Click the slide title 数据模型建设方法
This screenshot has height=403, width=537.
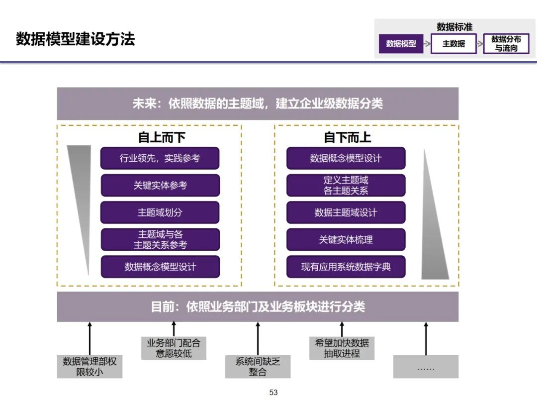(x=76, y=39)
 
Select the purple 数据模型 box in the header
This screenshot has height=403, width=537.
(x=401, y=44)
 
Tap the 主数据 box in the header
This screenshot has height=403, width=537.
(x=453, y=44)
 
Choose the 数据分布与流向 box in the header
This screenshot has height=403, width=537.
(x=506, y=44)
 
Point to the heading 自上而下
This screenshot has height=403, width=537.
(x=162, y=137)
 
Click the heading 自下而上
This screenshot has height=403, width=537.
(x=348, y=137)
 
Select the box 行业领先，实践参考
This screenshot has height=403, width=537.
(x=160, y=158)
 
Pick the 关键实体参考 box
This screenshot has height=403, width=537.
(x=160, y=185)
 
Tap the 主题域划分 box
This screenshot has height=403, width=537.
(x=160, y=212)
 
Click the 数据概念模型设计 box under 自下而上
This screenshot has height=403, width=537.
(x=346, y=158)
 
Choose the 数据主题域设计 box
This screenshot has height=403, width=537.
(x=346, y=212)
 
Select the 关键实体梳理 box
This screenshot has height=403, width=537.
(x=346, y=239)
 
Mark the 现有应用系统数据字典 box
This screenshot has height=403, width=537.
(x=346, y=267)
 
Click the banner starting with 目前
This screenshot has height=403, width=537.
(x=258, y=306)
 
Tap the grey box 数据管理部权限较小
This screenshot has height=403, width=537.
(x=89, y=367)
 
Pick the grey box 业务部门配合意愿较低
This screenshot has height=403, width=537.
(x=174, y=348)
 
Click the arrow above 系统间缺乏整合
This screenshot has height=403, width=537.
(x=258, y=338)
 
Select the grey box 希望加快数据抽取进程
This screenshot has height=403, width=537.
(x=342, y=348)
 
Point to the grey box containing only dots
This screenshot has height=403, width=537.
(x=426, y=367)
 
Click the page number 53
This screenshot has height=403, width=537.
(x=273, y=393)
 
